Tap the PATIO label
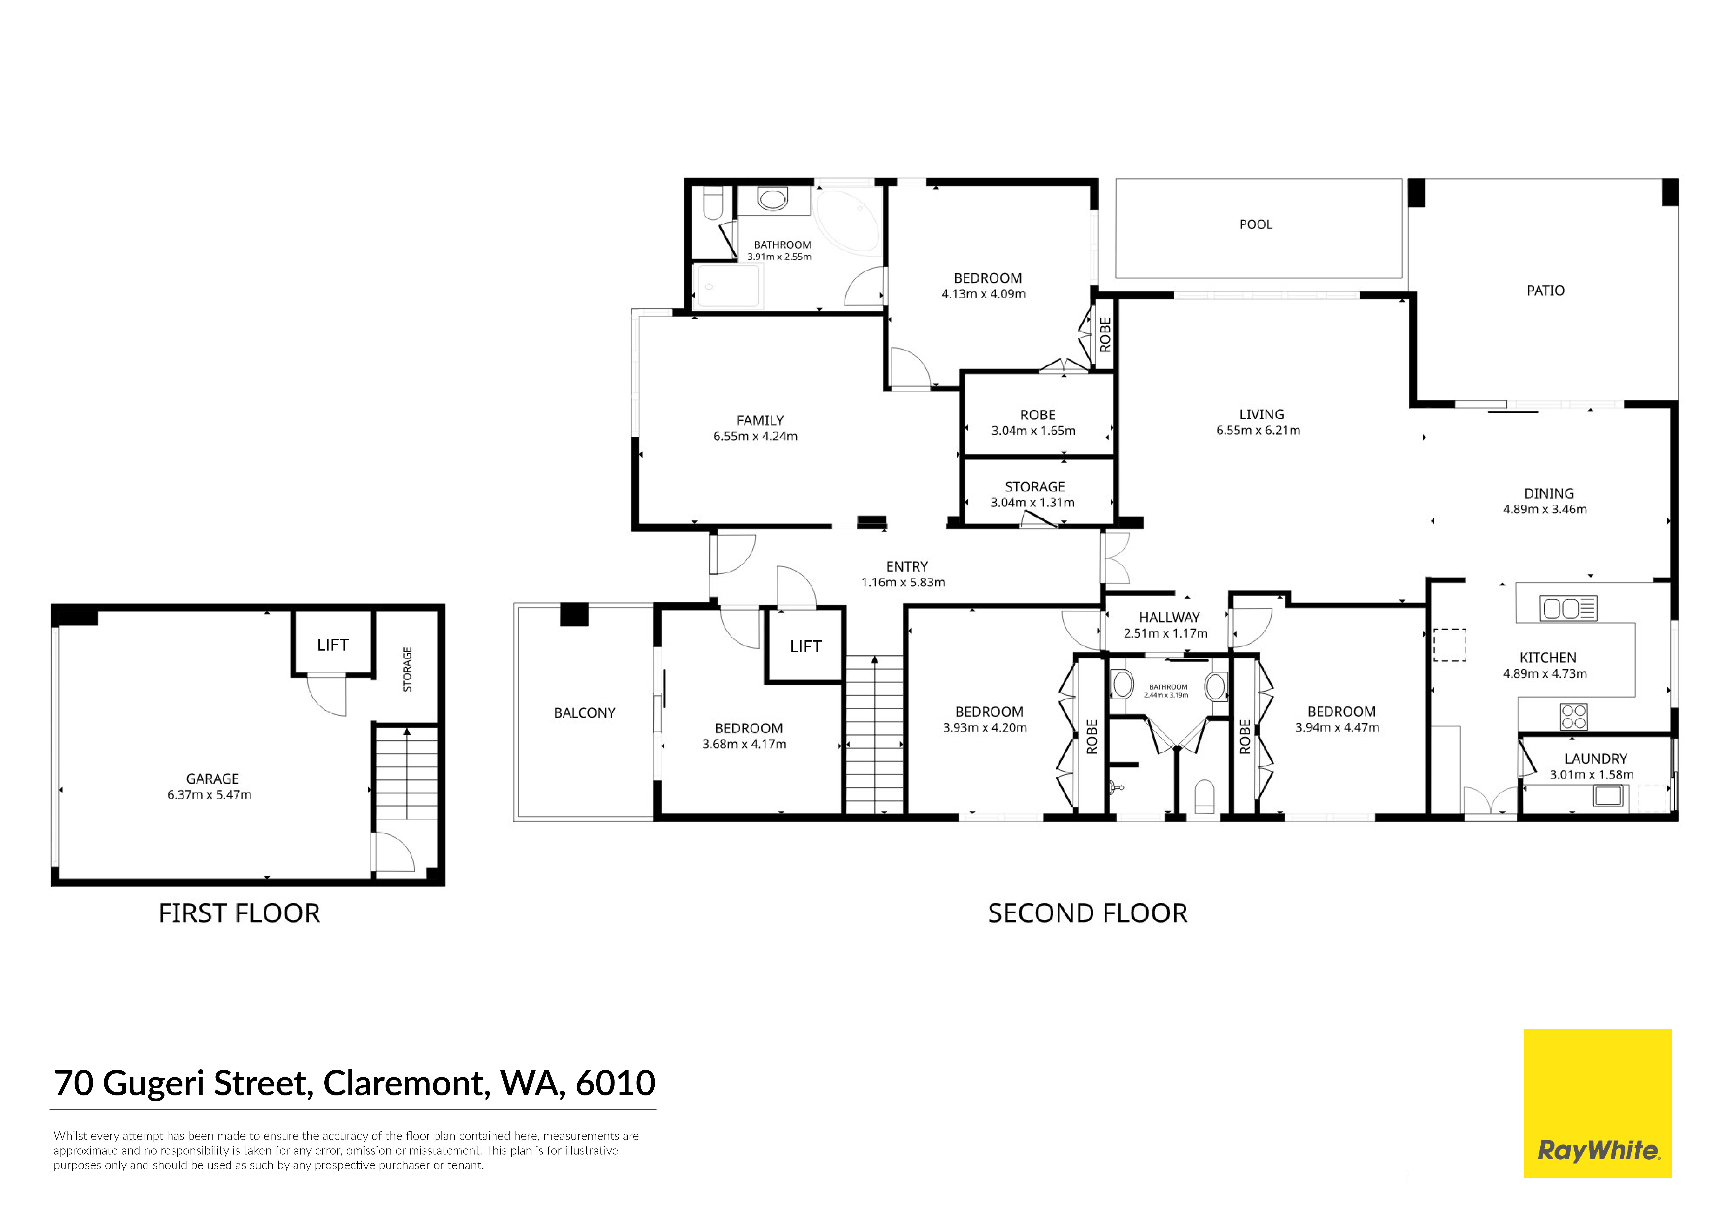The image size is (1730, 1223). tap(1545, 291)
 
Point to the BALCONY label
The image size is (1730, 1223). tap(585, 713)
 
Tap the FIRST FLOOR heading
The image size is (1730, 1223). tap(240, 913)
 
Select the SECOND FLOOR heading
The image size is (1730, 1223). tap(1087, 913)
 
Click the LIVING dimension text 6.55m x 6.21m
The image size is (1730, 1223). tap(1258, 430)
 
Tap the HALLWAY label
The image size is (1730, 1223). tap(1169, 617)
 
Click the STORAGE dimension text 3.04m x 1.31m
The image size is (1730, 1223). tap(1032, 503)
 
